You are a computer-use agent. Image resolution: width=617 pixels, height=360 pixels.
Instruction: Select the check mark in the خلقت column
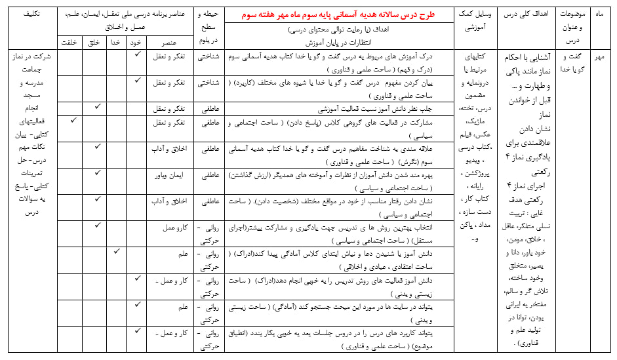click(73, 121)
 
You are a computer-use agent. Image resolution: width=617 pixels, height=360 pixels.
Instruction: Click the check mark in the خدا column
click(117, 250)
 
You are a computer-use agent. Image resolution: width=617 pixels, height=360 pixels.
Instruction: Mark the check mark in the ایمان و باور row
click(96, 173)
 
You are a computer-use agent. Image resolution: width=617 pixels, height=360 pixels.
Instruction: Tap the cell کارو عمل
click(176, 227)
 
